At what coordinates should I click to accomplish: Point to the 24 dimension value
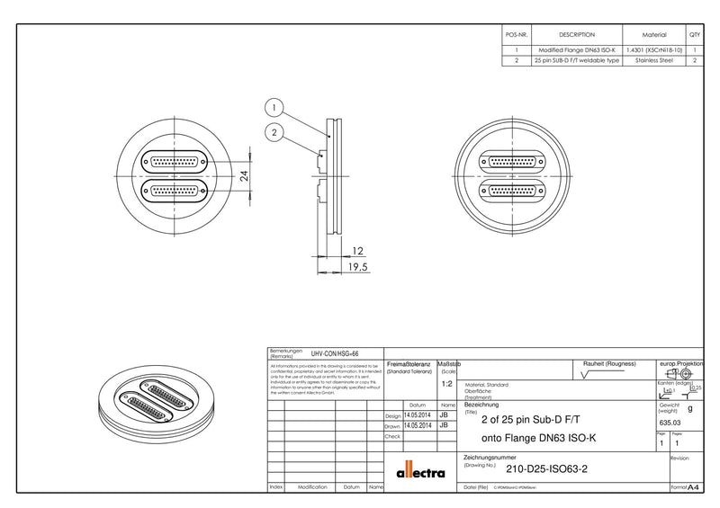pyautogui.click(x=245, y=178)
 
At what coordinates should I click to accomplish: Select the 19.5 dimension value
pyautogui.click(x=358, y=267)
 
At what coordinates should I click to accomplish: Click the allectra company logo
pyautogui.click(x=420, y=471)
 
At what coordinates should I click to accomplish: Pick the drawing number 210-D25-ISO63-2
pyautogui.click(x=546, y=468)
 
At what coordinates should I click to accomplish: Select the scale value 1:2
pyautogui.click(x=448, y=383)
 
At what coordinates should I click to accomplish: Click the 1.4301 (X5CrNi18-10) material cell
pyautogui.click(x=653, y=50)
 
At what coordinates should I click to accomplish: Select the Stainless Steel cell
pyautogui.click(x=653, y=61)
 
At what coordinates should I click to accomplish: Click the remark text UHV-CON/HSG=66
pyautogui.click(x=335, y=354)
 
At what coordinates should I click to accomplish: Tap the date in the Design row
pyautogui.click(x=418, y=415)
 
